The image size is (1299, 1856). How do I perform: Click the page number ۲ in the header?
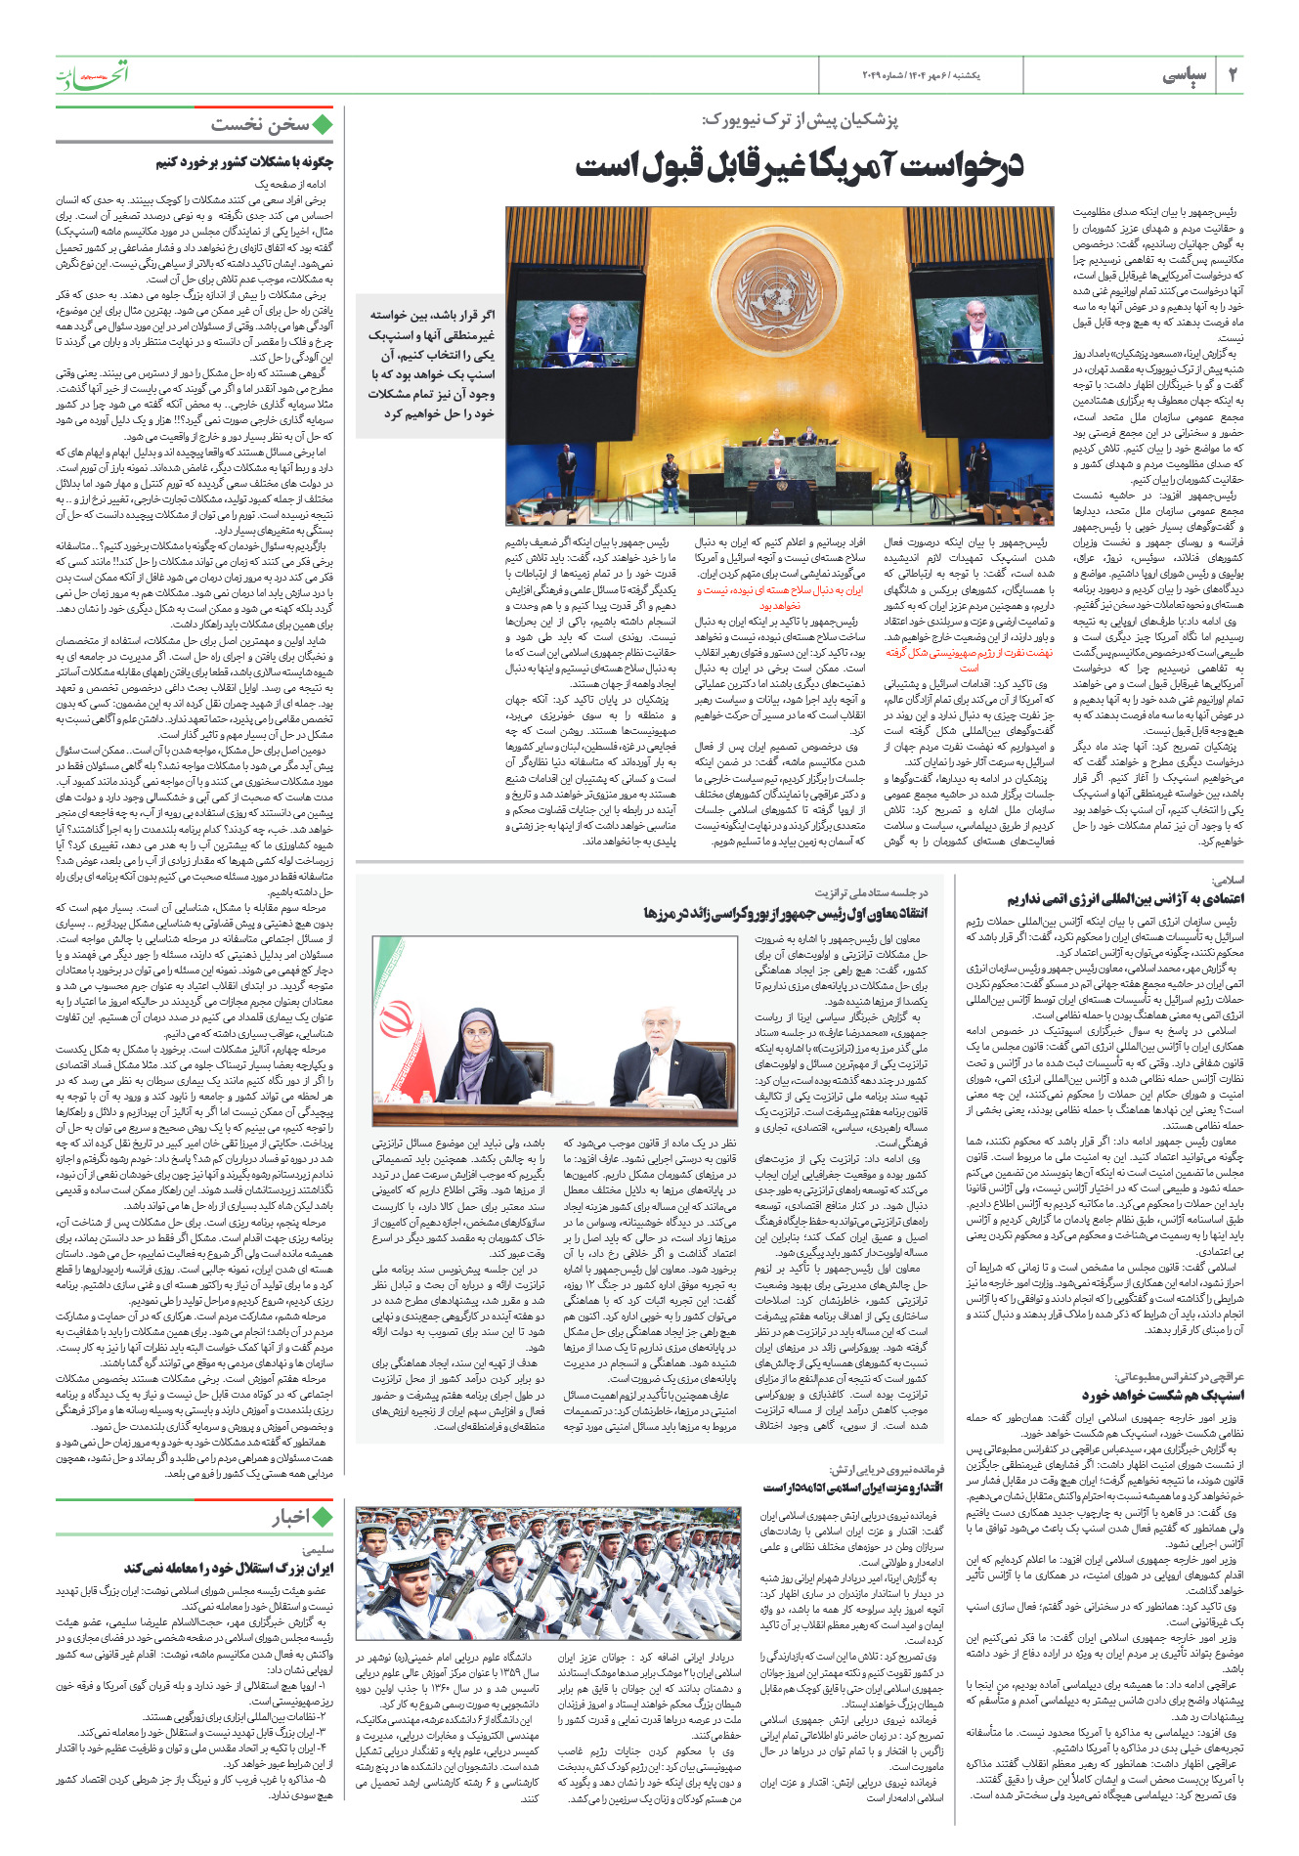pos(1233,75)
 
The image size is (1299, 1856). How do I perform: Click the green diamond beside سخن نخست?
pos(323,125)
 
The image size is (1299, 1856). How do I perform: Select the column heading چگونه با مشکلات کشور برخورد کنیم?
pos(244,162)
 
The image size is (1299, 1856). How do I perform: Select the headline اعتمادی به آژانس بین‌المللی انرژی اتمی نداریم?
pos(1125,898)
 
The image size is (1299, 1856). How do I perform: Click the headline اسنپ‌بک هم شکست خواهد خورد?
pos(1162,1395)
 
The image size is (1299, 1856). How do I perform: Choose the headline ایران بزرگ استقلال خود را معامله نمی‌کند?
pos(230,1568)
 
